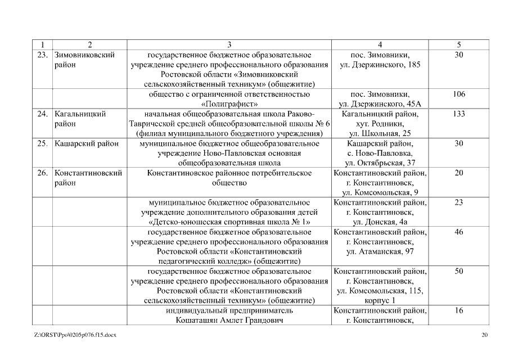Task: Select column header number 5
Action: [x=458, y=44]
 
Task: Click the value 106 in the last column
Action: [x=458, y=94]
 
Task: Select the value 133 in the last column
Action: [x=458, y=114]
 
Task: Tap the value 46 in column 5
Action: [x=458, y=232]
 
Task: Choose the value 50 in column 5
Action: [x=458, y=271]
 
